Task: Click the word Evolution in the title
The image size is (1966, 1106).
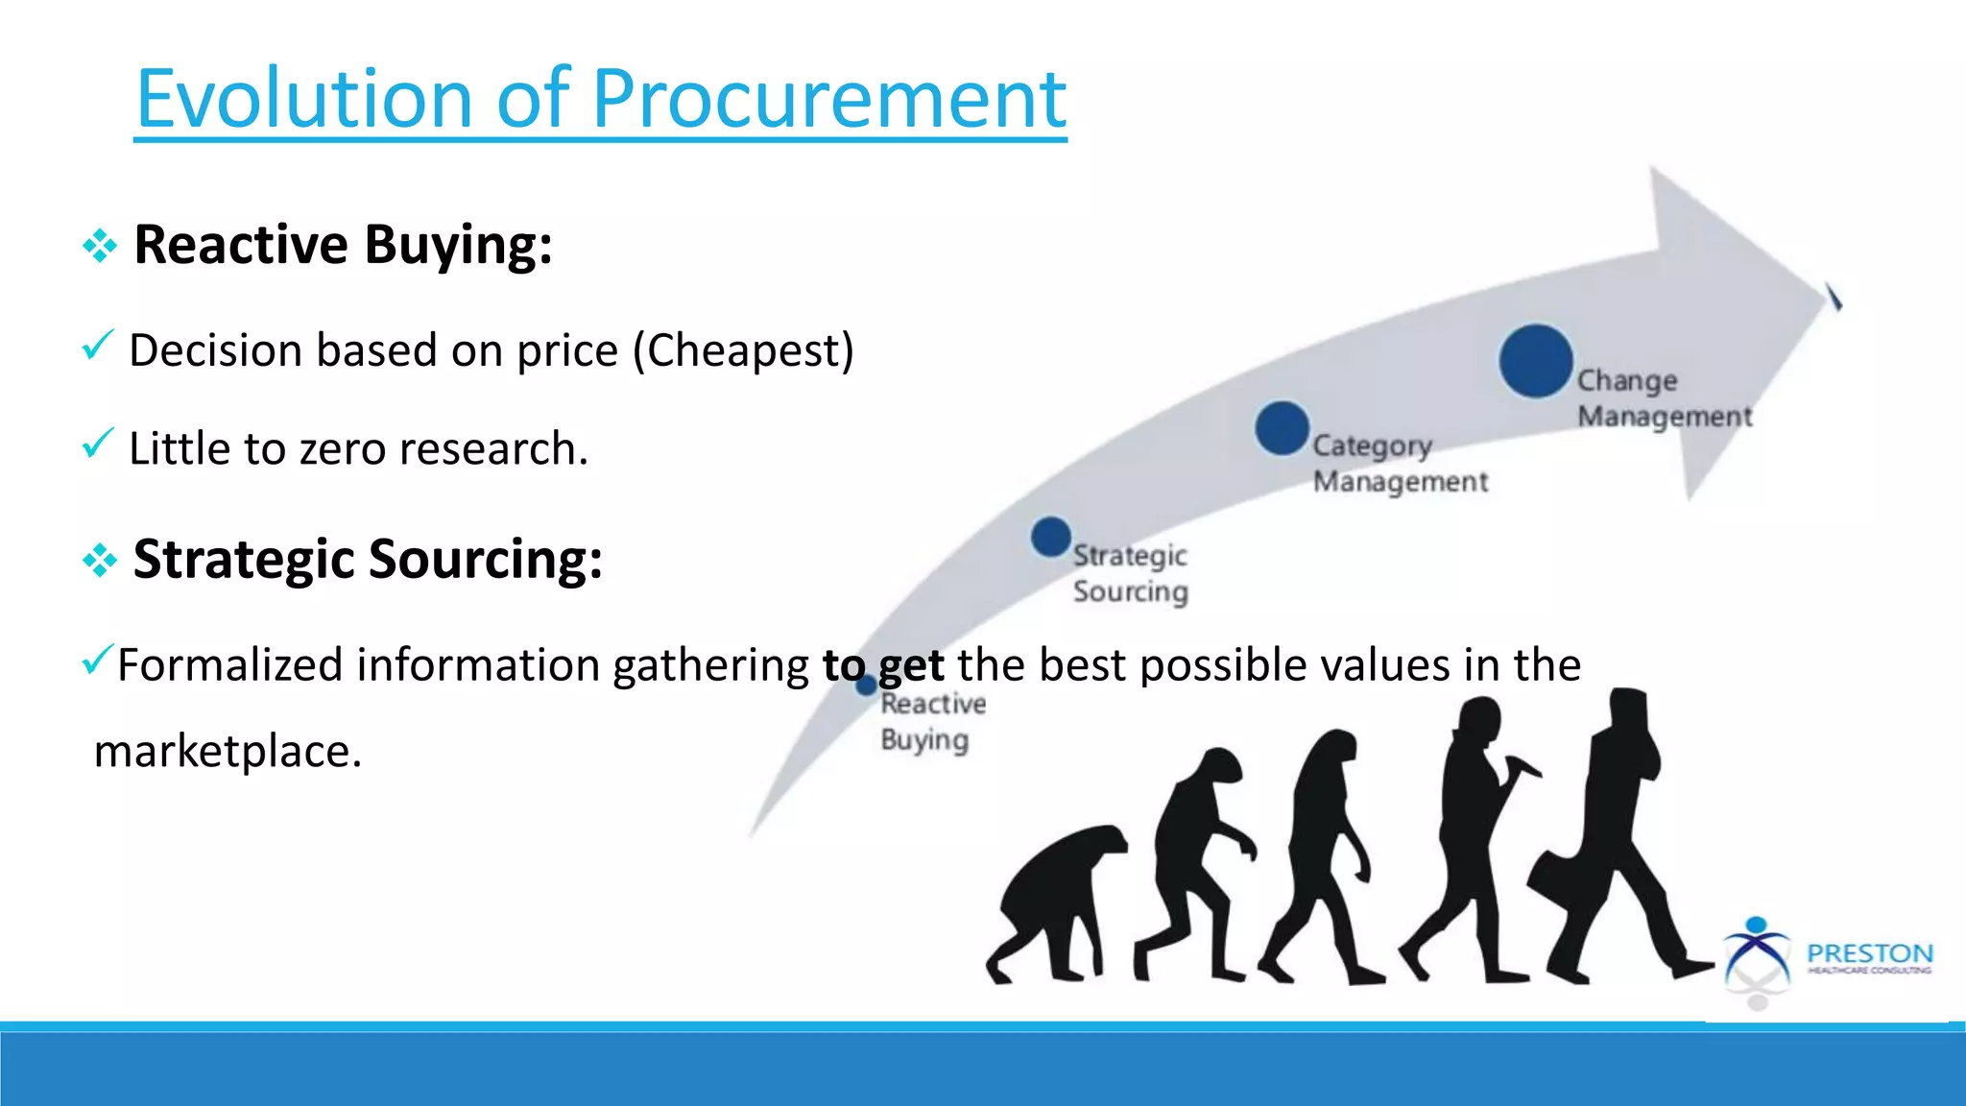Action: point(305,100)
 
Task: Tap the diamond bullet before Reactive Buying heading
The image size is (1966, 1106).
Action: point(100,247)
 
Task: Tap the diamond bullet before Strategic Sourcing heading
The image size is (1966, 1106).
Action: point(100,561)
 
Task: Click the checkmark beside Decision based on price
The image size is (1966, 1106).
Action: point(98,345)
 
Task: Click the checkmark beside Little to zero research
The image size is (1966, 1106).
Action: point(98,444)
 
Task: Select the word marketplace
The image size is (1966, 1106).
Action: point(228,752)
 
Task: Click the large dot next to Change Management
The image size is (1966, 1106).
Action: point(1536,362)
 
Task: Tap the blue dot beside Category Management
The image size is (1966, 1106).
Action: point(1282,428)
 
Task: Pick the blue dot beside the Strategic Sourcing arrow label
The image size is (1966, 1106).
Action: point(1050,537)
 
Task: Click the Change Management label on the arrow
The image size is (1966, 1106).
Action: point(1664,398)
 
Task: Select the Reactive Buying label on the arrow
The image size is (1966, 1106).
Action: point(931,722)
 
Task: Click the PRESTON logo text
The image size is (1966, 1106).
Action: point(1869,954)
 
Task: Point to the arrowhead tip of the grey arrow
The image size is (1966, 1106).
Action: point(1829,293)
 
